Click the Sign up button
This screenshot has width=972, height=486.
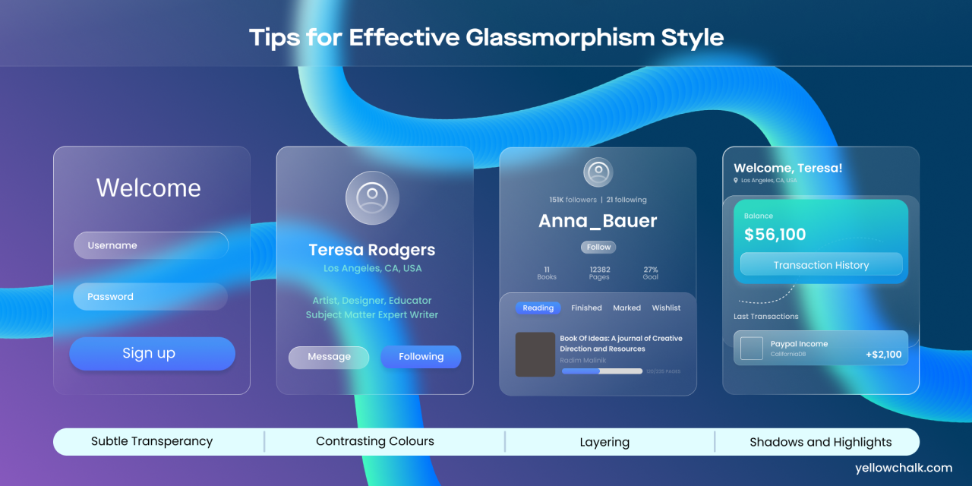click(152, 354)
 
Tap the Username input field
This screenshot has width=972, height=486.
click(150, 245)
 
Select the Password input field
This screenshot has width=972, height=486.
click(150, 297)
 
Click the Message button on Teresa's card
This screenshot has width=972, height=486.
click(329, 357)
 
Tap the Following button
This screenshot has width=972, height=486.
click(421, 357)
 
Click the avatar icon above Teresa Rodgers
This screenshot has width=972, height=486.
click(372, 197)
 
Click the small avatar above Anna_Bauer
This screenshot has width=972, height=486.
click(598, 172)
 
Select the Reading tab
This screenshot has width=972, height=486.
click(538, 308)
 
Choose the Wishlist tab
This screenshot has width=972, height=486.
click(666, 308)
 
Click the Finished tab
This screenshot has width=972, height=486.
click(586, 308)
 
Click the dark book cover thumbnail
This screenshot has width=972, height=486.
click(535, 355)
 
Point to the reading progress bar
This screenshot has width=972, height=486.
click(602, 371)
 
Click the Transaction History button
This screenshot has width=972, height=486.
click(821, 265)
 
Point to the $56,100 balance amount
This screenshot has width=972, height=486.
click(775, 235)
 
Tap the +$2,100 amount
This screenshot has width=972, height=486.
click(883, 355)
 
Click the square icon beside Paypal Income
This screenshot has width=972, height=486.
click(752, 349)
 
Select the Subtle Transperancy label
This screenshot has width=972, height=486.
click(152, 441)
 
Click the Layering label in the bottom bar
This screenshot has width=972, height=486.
click(604, 442)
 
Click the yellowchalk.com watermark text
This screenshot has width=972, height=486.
click(903, 468)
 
